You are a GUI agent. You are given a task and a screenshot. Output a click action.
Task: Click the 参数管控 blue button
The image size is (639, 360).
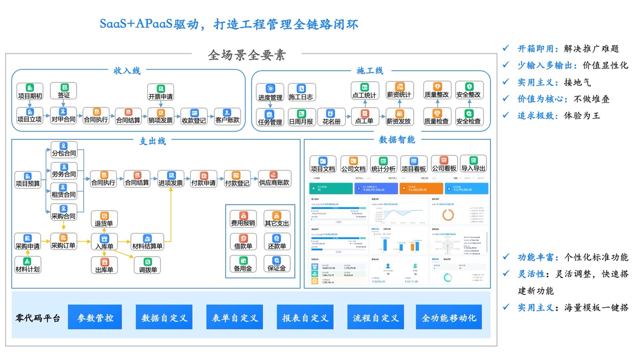(x=95, y=318)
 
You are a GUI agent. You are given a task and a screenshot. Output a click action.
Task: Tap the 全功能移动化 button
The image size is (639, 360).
(x=449, y=318)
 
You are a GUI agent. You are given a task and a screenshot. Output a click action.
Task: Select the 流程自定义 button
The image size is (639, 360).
(x=375, y=318)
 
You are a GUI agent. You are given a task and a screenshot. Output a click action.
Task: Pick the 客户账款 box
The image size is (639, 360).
(x=227, y=116)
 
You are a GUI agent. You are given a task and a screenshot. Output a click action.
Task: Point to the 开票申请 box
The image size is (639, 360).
(x=160, y=92)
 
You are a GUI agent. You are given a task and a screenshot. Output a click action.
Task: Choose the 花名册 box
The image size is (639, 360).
(x=332, y=117)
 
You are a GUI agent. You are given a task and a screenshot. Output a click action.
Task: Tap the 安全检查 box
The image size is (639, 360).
(x=469, y=117)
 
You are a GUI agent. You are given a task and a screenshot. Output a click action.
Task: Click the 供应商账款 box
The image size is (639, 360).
(x=274, y=179)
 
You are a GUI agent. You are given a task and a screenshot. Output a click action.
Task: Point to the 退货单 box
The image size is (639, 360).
(x=104, y=219)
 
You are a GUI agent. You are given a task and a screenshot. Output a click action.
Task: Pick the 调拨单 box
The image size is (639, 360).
(x=148, y=265)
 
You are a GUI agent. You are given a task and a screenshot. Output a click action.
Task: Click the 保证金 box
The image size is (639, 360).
(x=277, y=264)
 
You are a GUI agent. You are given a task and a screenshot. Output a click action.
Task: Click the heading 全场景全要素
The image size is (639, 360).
(x=247, y=55)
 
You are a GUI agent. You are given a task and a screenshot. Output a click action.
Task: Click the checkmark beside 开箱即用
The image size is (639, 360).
(x=506, y=48)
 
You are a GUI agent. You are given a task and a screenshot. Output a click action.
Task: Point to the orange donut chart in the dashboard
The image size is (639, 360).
(x=448, y=214)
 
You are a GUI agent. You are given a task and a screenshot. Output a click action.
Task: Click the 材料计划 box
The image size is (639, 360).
(x=28, y=265)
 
